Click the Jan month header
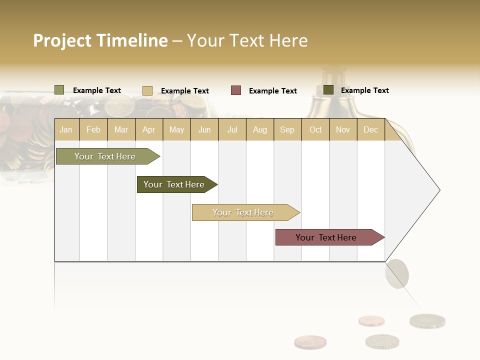coord(66,129)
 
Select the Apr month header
coord(149,129)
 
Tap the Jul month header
coord(232,129)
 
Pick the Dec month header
coord(371,129)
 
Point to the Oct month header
coord(315,129)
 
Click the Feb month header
coord(93,129)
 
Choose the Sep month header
coord(287,129)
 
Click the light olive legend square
coord(59,90)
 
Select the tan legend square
coord(147,90)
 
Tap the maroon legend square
coord(236,90)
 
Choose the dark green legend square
coord(328,90)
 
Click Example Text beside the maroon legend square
coord(273,91)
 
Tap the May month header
coord(176,129)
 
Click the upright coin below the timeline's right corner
coord(397,274)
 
